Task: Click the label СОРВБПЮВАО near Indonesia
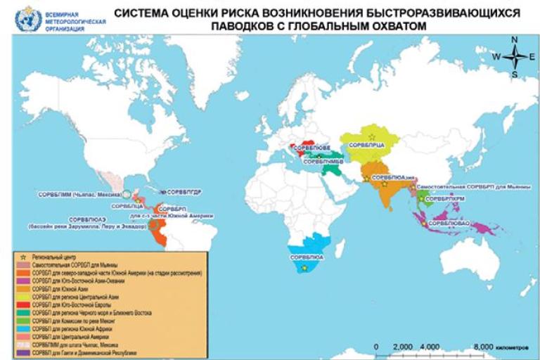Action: coord(449,224)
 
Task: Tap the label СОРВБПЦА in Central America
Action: coord(127,205)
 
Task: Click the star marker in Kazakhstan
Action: coord(373,134)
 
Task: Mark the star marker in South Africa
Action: coord(304,268)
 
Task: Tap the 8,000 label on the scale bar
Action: coord(483,347)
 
